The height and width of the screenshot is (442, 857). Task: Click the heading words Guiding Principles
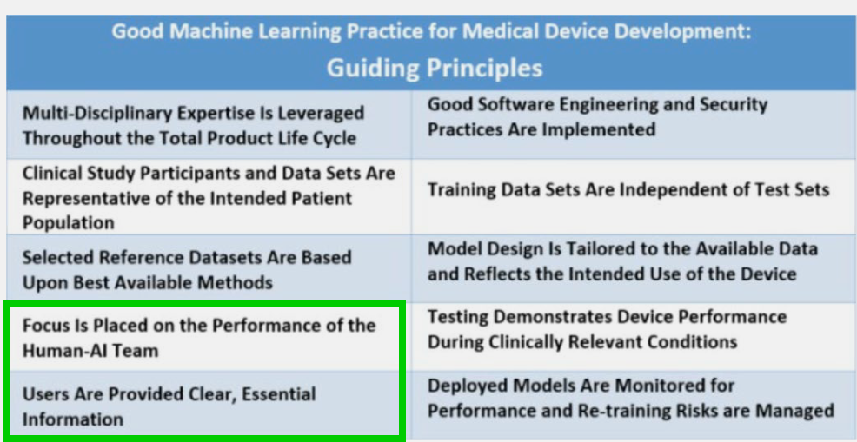pos(435,69)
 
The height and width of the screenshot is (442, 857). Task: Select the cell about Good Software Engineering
pos(634,124)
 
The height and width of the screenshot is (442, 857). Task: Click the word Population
pos(69,223)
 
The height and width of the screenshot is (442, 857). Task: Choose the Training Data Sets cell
pos(634,197)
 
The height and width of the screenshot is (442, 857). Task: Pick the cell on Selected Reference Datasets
pos(209,268)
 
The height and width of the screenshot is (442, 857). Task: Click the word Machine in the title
pos(203,31)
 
